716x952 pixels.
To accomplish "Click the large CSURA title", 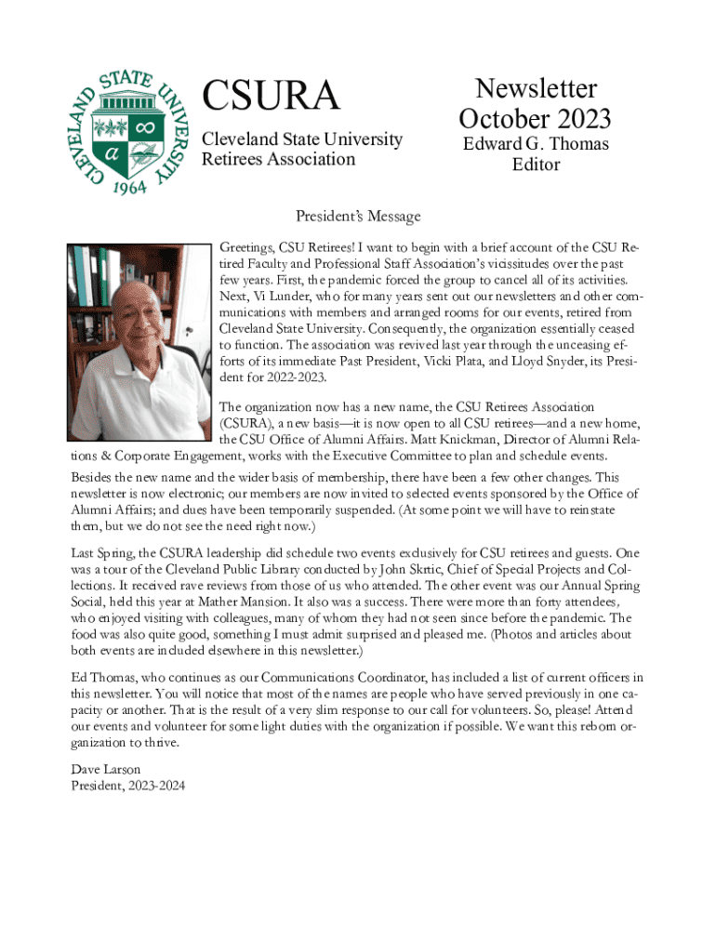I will pyautogui.click(x=271, y=96).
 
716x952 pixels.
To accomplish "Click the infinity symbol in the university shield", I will pyautogui.click(x=145, y=125).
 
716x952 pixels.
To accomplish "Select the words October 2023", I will pyautogui.click(x=535, y=119).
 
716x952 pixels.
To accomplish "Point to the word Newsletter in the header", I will pyautogui.click(x=536, y=88).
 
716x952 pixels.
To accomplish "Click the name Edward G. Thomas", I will pyautogui.click(x=536, y=144).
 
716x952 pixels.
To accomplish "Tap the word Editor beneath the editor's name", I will pyautogui.click(x=536, y=165).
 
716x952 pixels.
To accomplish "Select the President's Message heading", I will pyautogui.click(x=358, y=217).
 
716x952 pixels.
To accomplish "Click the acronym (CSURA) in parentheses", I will pyautogui.click(x=245, y=423).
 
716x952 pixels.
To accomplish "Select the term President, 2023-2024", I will pyautogui.click(x=128, y=786).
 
